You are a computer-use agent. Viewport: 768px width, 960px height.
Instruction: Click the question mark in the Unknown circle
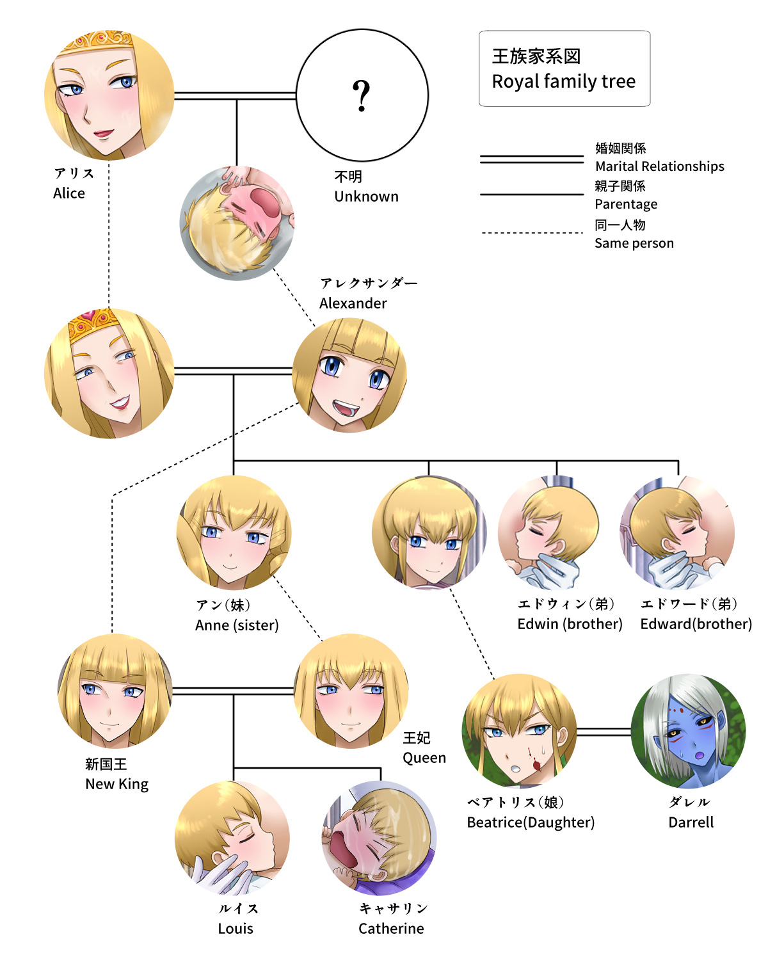362,96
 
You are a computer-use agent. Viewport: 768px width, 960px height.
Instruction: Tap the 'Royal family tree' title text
563,81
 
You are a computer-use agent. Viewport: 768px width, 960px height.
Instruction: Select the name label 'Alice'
69,193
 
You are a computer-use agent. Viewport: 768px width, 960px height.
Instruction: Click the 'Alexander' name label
353,303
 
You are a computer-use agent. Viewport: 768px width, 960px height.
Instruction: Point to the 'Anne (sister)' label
237,625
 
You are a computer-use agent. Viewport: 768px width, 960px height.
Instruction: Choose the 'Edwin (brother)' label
570,624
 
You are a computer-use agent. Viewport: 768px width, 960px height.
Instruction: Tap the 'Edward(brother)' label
696,624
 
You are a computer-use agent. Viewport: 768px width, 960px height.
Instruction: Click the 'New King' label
116,784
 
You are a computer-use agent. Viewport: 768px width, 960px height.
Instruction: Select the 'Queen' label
424,758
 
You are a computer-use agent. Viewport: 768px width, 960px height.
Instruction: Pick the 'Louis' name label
236,929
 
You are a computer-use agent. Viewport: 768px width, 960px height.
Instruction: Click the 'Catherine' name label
391,929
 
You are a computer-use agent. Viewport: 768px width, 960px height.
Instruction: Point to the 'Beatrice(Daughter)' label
531,822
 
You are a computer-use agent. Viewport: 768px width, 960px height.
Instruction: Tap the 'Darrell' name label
691,822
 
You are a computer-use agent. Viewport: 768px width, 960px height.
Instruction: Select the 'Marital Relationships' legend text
659,166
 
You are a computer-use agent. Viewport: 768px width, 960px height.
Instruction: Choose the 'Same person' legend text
634,243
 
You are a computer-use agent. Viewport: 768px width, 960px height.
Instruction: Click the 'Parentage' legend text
626,204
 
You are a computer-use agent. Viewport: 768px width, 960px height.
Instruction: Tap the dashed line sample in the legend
532,233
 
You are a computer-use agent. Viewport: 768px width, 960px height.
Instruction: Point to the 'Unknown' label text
366,196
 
